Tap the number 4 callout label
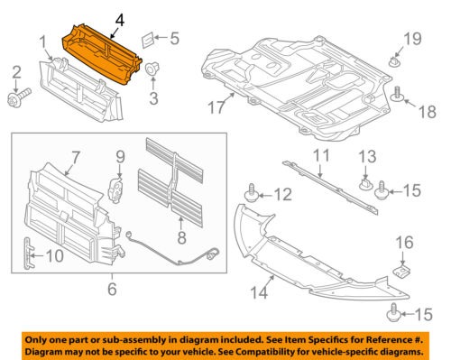click(121, 16)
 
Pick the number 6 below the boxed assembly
click(112, 289)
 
